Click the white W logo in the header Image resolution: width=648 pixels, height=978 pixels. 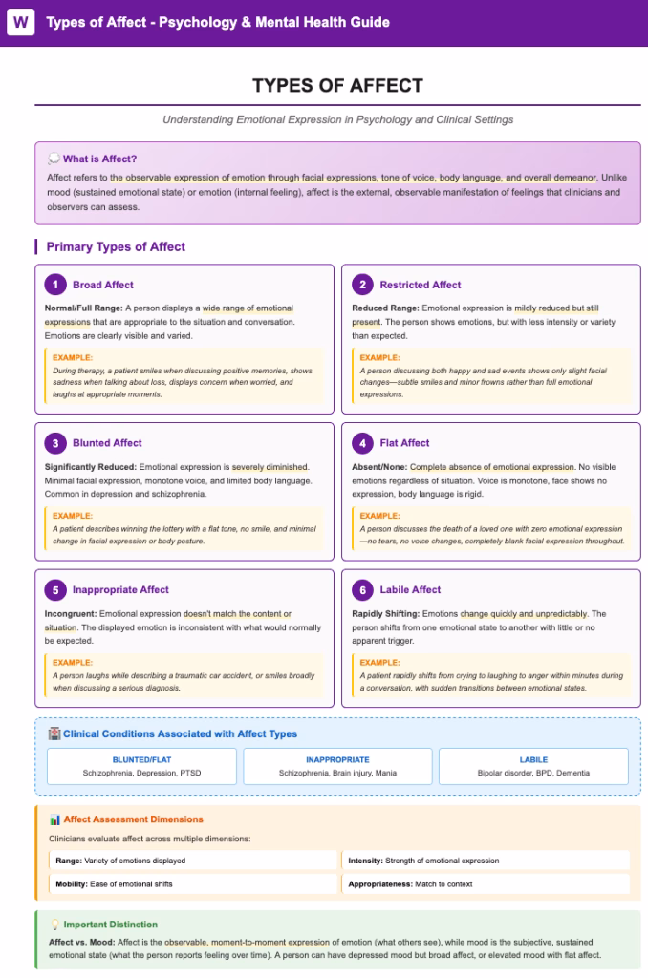(20, 22)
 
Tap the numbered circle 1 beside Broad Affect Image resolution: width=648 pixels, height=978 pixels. (56, 285)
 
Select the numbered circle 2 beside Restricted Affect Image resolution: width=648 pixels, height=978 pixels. (362, 285)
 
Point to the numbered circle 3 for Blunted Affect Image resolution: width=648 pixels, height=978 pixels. (56, 443)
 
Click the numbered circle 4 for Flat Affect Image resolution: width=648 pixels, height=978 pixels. (362, 443)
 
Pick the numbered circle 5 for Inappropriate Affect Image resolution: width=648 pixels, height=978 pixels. (56, 590)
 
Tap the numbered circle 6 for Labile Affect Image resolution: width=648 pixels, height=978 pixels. (362, 590)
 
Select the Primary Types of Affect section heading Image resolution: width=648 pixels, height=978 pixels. (116, 246)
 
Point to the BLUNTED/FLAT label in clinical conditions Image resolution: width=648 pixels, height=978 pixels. (141, 760)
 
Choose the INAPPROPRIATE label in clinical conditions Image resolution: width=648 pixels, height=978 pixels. (337, 760)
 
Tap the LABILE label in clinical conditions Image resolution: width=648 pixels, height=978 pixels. (533, 760)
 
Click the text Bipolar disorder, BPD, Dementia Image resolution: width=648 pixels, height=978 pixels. (533, 773)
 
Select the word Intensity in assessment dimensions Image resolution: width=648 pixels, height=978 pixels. (365, 861)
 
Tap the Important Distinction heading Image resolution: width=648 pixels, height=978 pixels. (110, 925)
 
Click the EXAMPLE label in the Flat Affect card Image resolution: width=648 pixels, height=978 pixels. (379, 516)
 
